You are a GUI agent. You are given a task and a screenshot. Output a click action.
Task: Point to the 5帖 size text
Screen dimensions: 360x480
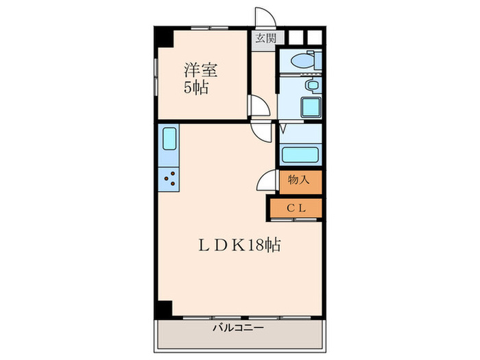(196, 88)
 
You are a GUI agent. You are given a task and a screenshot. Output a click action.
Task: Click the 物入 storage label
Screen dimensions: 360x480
(300, 180)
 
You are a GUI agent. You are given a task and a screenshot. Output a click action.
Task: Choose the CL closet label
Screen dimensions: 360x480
(296, 206)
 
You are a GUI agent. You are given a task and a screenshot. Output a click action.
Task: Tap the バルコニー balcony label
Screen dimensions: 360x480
(238, 328)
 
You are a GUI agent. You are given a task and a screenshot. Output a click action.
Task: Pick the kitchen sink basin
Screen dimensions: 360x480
(169, 140)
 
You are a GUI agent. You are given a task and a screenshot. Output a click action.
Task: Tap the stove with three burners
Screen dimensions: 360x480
(169, 180)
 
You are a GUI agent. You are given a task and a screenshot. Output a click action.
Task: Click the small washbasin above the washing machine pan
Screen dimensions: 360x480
(311, 86)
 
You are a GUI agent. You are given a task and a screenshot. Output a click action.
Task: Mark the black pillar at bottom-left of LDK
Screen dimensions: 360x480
(161, 309)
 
